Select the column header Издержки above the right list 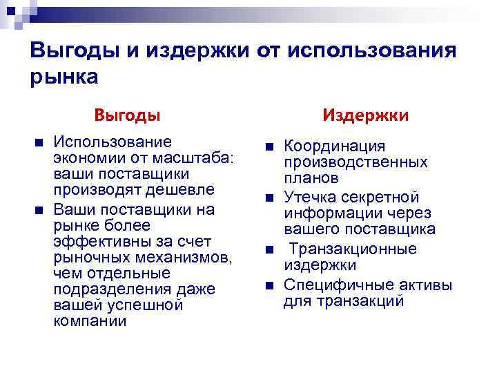367,114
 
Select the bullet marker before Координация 270,146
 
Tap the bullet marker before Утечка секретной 270,198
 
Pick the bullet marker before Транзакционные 270,249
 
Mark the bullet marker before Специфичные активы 270,283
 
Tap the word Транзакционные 353,249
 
